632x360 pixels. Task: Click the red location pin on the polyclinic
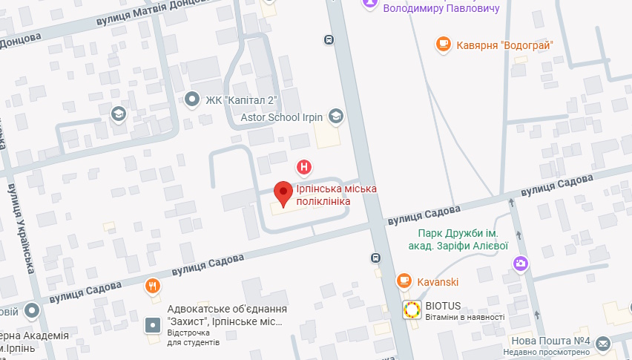point(283,192)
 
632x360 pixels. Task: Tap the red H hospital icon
point(303,166)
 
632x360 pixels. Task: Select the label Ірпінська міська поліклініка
point(336,195)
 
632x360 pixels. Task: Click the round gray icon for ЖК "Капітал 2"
point(193,99)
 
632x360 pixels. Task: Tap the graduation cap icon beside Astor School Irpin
point(336,117)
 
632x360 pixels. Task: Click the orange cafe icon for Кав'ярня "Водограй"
point(444,45)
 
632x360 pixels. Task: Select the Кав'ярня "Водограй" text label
point(506,45)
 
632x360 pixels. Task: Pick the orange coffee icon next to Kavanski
point(404,281)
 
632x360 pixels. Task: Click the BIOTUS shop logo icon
point(411,310)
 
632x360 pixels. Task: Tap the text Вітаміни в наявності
point(464,318)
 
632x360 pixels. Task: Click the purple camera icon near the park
point(521,263)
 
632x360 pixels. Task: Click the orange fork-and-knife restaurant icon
point(152,285)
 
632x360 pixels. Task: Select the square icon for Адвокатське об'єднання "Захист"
point(152,325)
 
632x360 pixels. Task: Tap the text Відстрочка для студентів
point(193,338)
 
